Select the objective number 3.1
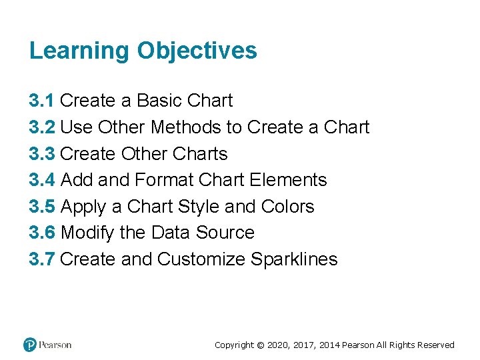pyautogui.click(x=42, y=101)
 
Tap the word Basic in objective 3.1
pyautogui.click(x=159, y=101)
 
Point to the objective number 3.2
pyautogui.click(x=42, y=127)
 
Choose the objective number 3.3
pyautogui.click(x=42, y=153)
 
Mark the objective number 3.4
pyautogui.click(x=42, y=180)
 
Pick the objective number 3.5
pyautogui.click(x=42, y=207)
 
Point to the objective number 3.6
pyautogui.click(x=42, y=233)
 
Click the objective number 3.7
pyautogui.click(x=42, y=259)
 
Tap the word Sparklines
pyautogui.click(x=294, y=259)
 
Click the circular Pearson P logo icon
pyautogui.click(x=30, y=345)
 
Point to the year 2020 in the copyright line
pyautogui.click(x=279, y=345)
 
